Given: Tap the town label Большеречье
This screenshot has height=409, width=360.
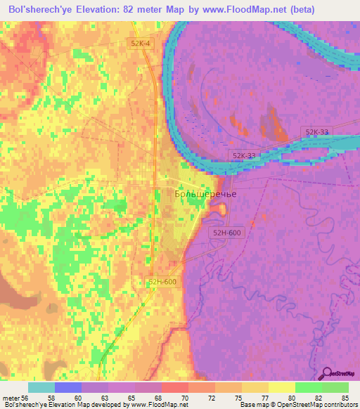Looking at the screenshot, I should coord(205,194).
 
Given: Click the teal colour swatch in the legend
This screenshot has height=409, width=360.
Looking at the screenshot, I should coord(41,387).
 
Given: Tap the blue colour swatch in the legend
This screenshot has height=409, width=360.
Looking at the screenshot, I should coord(68,387).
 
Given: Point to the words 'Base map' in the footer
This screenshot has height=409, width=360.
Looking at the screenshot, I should coord(252,405).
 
